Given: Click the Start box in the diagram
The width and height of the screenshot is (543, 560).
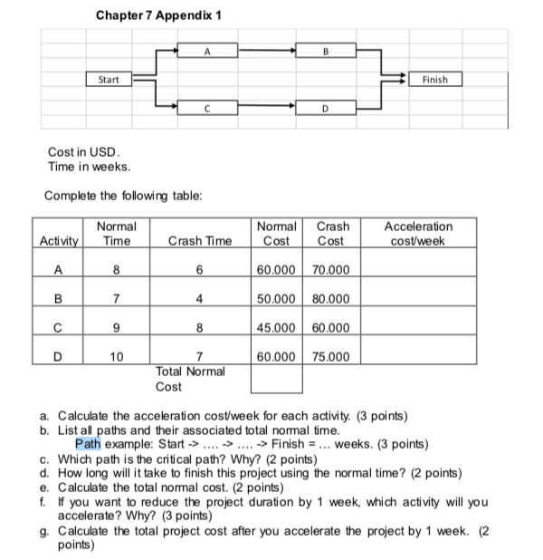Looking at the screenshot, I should [x=109, y=80].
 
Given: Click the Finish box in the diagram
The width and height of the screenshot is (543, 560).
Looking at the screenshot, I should [x=434, y=80].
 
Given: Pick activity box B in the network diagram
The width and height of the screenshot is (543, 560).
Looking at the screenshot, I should [x=324, y=52].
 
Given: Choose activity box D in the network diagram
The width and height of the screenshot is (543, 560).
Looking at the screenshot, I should [x=324, y=109].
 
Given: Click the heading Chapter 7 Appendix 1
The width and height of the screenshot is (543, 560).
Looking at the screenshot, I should [x=158, y=16].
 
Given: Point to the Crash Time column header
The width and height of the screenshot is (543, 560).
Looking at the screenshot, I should [x=199, y=241].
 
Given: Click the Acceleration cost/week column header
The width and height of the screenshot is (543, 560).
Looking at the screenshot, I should [x=418, y=234].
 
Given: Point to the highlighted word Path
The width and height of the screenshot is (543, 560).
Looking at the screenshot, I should [x=88, y=444].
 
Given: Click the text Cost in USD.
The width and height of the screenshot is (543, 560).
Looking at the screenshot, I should [x=82, y=151].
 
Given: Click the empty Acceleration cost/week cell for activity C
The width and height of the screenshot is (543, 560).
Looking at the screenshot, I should [x=418, y=327].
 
